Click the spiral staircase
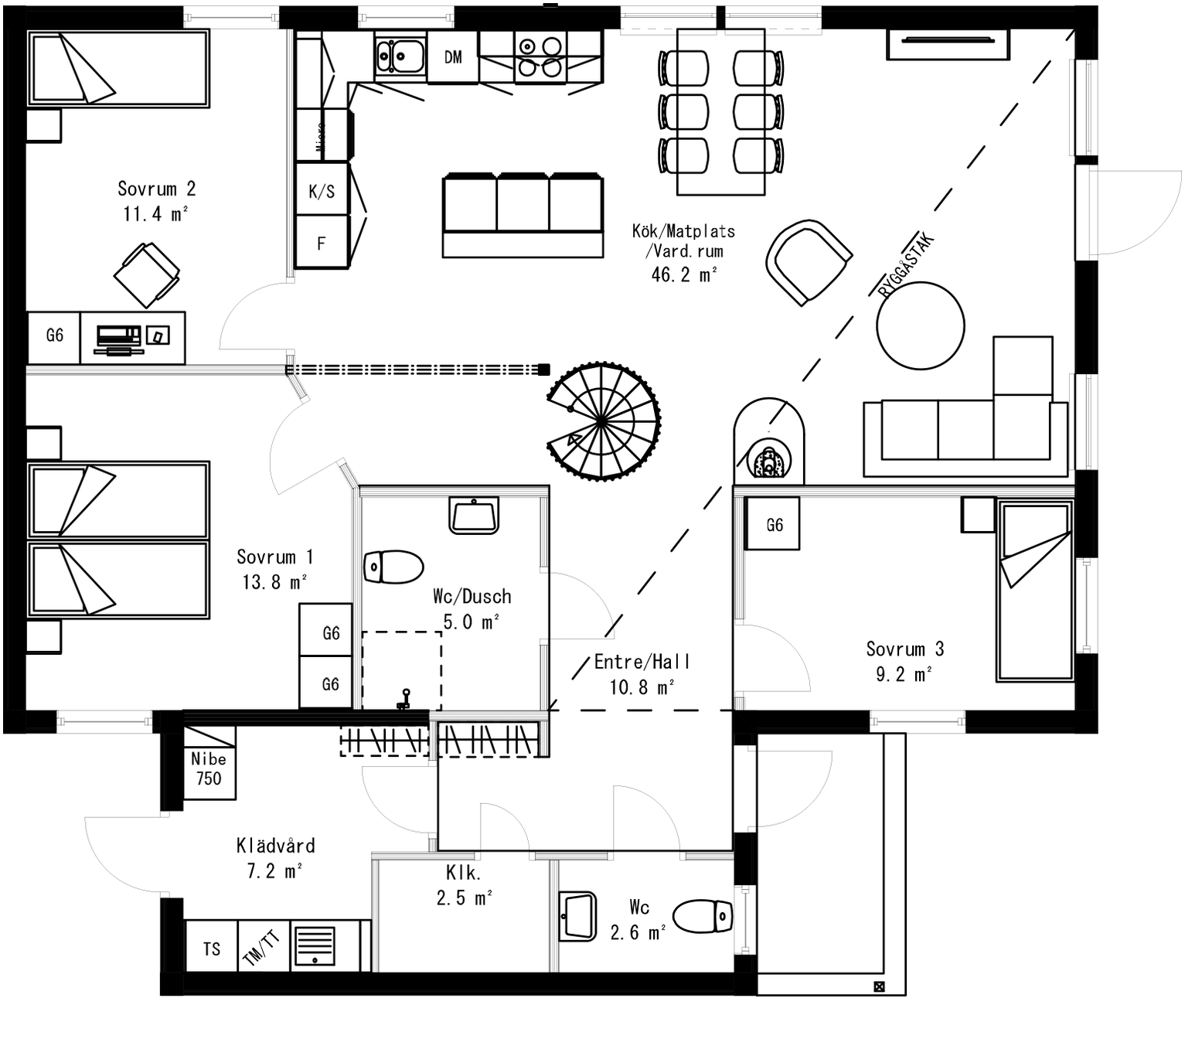603,421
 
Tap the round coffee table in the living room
920,325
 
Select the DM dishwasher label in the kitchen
453,57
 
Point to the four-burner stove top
540,57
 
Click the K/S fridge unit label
322,191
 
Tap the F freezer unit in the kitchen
322,244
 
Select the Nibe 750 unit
209,769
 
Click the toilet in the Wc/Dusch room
393,567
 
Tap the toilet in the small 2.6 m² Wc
703,917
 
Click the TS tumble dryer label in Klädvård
212,949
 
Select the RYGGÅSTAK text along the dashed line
907,265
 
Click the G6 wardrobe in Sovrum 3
773,525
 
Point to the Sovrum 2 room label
156,189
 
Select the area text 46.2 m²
683,274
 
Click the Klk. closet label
464,873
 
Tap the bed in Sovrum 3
1034,591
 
